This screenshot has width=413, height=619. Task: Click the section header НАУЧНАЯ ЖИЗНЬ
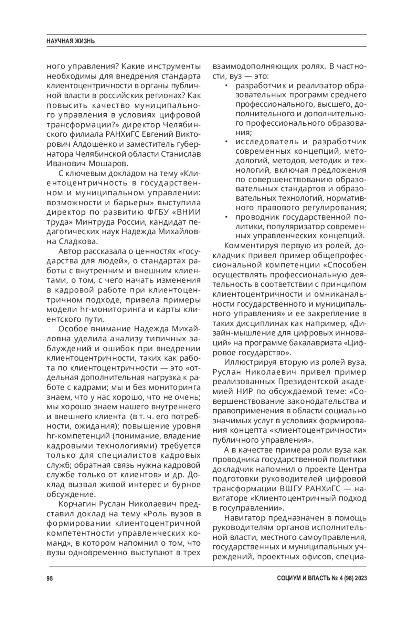point(71,41)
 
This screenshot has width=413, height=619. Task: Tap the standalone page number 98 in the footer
point(50,578)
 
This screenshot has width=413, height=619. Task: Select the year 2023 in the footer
point(359,578)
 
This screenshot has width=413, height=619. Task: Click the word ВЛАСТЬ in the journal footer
point(317,578)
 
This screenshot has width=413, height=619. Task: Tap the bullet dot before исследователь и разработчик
point(226,142)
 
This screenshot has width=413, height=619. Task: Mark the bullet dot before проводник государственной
point(226,217)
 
